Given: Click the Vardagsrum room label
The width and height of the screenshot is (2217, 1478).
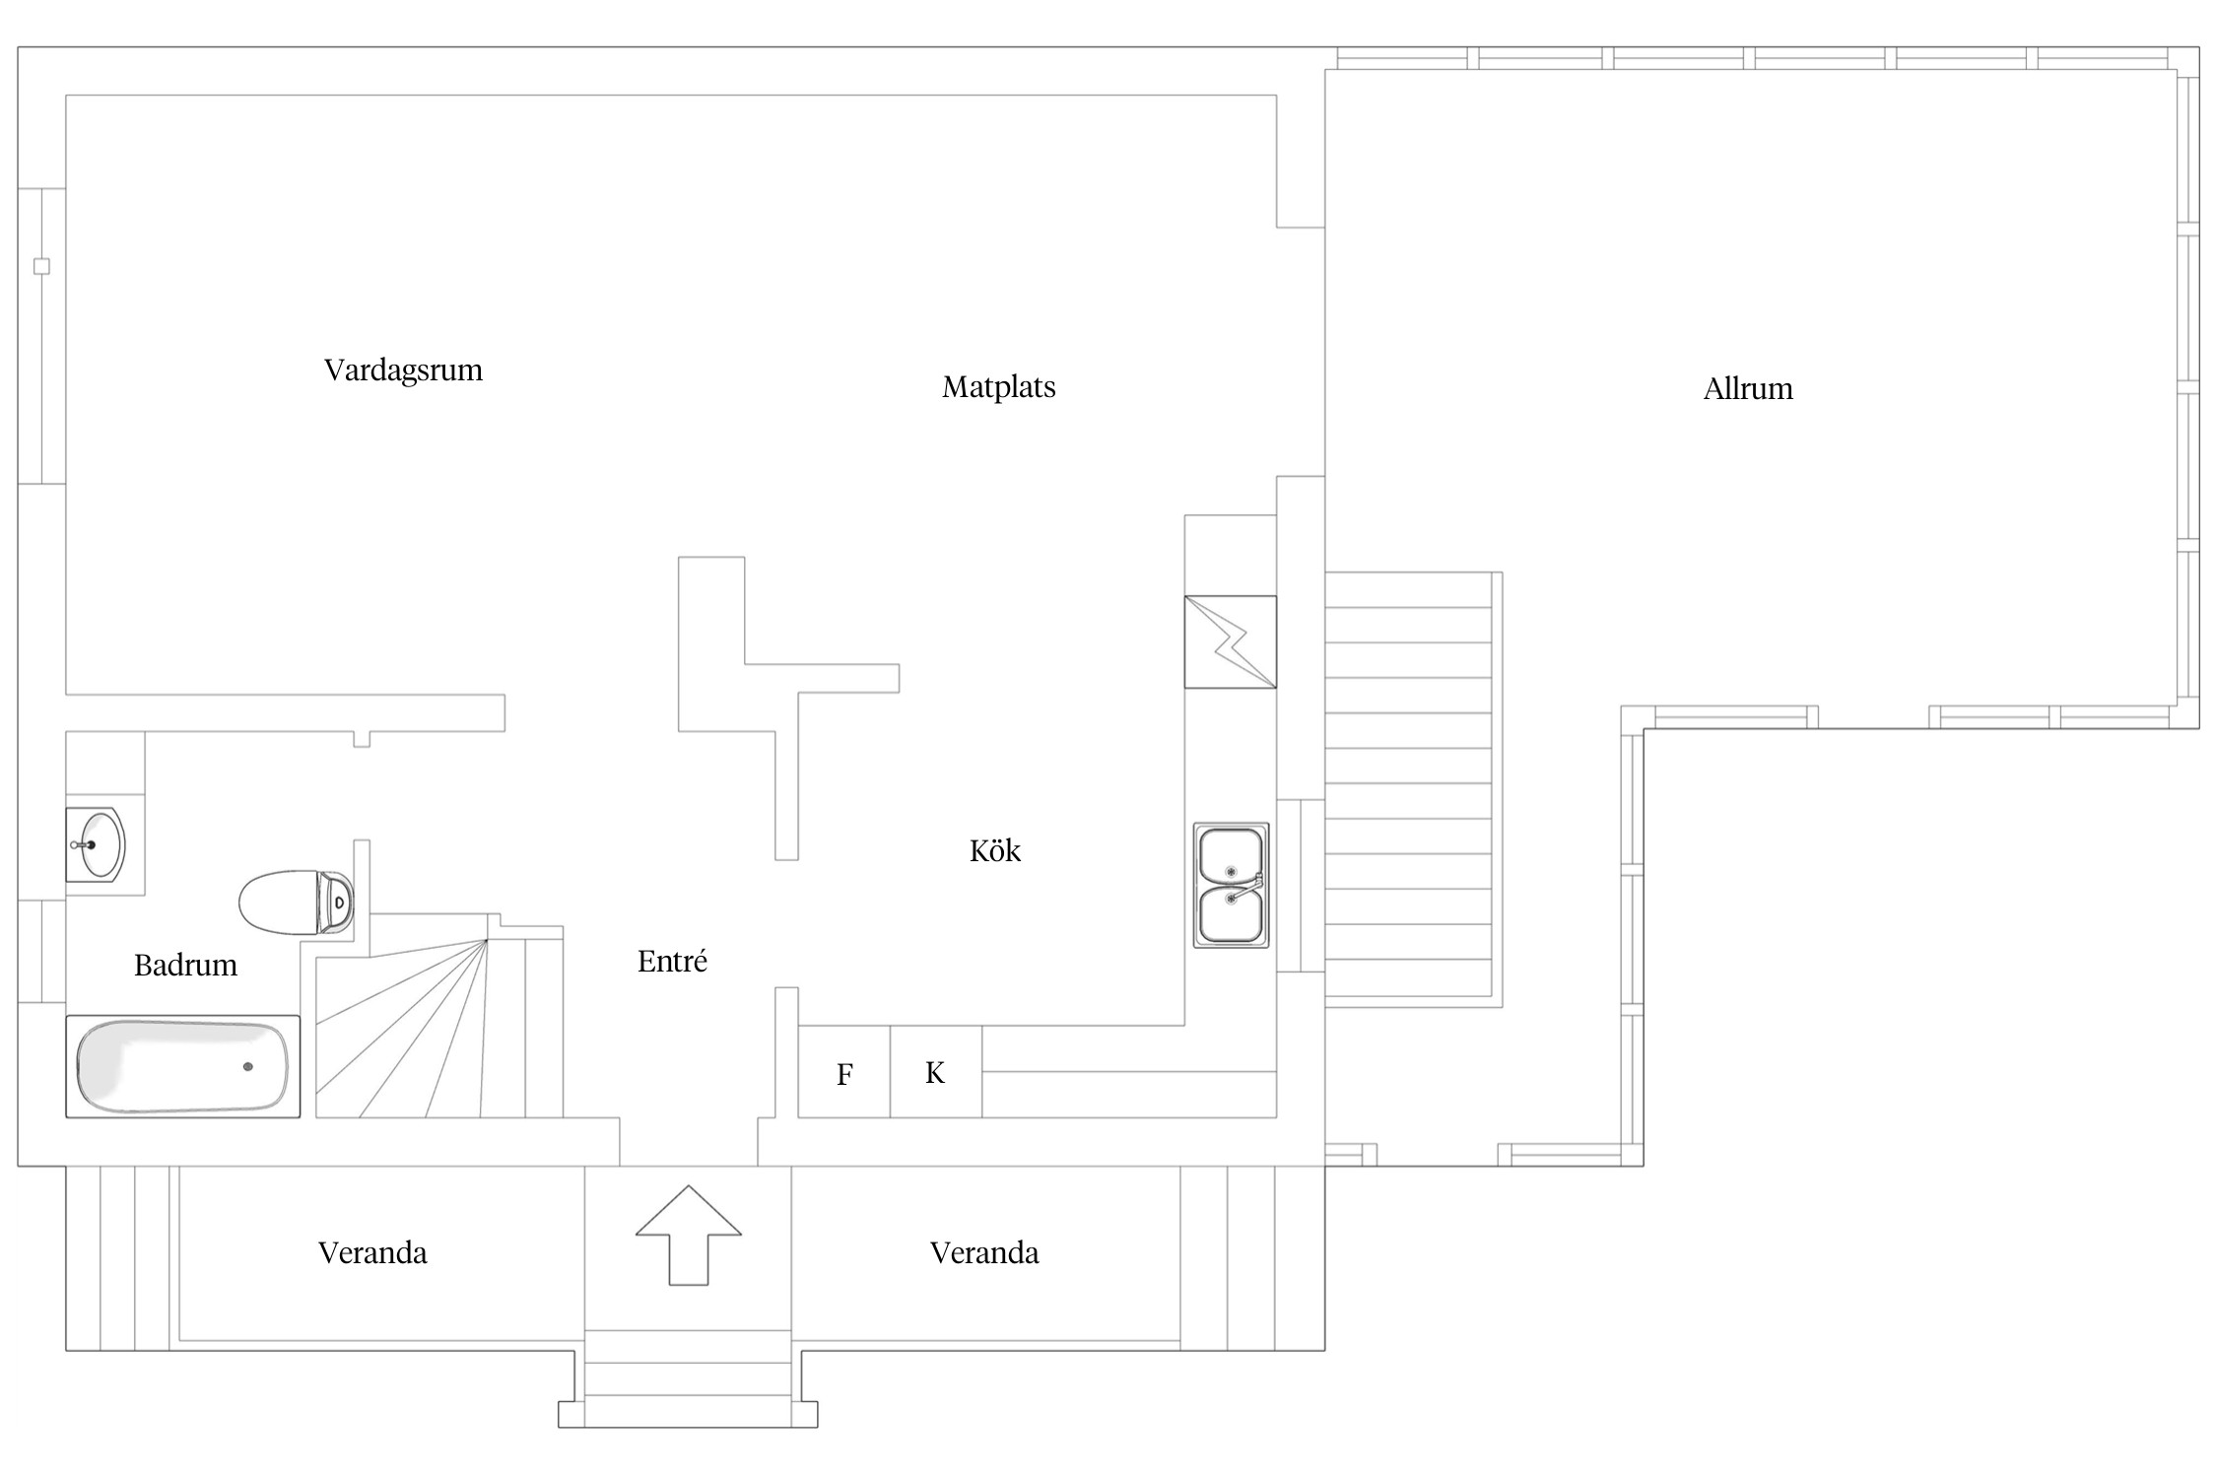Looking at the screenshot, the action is (403, 370).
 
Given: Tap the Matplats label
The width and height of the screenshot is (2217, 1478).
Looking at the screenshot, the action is (998, 387).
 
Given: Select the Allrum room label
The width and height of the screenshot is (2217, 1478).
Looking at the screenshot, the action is (1748, 389).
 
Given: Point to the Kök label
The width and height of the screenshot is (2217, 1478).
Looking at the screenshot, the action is (995, 850).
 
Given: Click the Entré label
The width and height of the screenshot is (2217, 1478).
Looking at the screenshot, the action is (672, 961).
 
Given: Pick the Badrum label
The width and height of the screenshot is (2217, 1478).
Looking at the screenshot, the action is (185, 965).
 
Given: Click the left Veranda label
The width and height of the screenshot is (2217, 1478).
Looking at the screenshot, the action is (372, 1252).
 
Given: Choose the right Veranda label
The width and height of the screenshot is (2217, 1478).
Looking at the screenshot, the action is (984, 1252).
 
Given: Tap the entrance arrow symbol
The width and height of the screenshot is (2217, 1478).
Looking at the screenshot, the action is (689, 1235).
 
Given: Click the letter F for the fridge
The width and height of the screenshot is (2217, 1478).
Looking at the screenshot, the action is (844, 1075).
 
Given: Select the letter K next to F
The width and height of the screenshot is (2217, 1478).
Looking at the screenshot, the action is (935, 1072).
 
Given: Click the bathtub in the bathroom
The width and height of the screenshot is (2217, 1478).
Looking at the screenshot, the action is (183, 1067).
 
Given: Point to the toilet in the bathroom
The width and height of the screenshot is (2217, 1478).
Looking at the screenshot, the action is (297, 902).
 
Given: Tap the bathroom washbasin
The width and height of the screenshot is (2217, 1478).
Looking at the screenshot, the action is (97, 844).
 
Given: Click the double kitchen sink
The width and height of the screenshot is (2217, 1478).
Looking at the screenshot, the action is (1231, 885).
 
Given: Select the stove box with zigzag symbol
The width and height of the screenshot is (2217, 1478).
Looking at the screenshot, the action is (1231, 641).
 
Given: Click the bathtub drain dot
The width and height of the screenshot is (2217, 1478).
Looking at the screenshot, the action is (247, 1066).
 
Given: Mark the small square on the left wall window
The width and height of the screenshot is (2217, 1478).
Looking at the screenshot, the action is (41, 266).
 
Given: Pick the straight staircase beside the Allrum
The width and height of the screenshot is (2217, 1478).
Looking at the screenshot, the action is (1413, 789).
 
